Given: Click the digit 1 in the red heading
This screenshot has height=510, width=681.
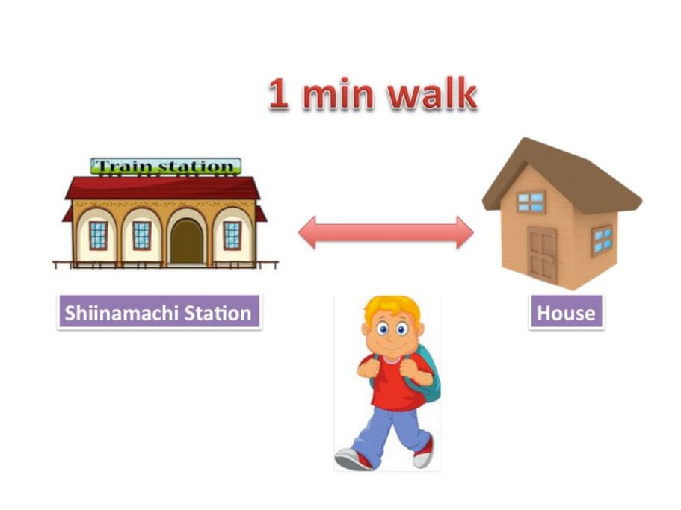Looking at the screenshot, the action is coord(278,93).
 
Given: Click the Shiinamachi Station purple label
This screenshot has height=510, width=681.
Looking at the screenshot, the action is coord(159,312).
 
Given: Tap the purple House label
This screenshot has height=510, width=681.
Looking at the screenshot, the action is coord(566,312).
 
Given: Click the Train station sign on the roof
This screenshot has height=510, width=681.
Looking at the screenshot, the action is coord(165,166).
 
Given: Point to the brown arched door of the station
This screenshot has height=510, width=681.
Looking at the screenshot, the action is coord(187,241).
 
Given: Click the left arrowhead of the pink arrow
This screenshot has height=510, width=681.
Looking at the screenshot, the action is coord(306,232).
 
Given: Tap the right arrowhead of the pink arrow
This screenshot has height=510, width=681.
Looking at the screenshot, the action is coord(465,232).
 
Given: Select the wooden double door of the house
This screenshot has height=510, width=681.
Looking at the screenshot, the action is coord(543,256).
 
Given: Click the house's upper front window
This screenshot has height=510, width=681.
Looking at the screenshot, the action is coord(531,202).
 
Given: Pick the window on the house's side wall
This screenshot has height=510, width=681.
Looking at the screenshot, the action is coord(603,240).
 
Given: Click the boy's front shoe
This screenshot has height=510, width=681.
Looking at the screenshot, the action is coord(354,458).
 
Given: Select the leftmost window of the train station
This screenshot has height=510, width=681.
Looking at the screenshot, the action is coord(98,235).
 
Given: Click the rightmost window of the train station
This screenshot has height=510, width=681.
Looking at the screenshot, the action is coord(232,235).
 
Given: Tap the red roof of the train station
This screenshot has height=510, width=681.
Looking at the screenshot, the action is coord(162,188).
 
